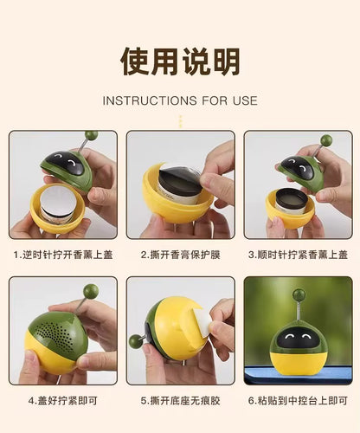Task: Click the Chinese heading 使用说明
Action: [x=180, y=61]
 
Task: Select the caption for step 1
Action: [x=61, y=255]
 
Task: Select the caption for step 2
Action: [x=180, y=255]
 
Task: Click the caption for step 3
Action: [x=299, y=255]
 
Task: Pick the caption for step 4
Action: [x=61, y=401]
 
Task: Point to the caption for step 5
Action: [x=180, y=401]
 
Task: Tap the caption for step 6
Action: [x=299, y=401]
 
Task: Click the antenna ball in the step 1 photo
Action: [x=92, y=136]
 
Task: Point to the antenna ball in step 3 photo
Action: [x=326, y=140]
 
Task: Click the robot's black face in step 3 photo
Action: [x=295, y=167]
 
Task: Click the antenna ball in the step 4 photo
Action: [x=91, y=291]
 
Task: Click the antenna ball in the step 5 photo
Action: [x=135, y=342]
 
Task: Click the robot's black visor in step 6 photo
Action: [x=299, y=333]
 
